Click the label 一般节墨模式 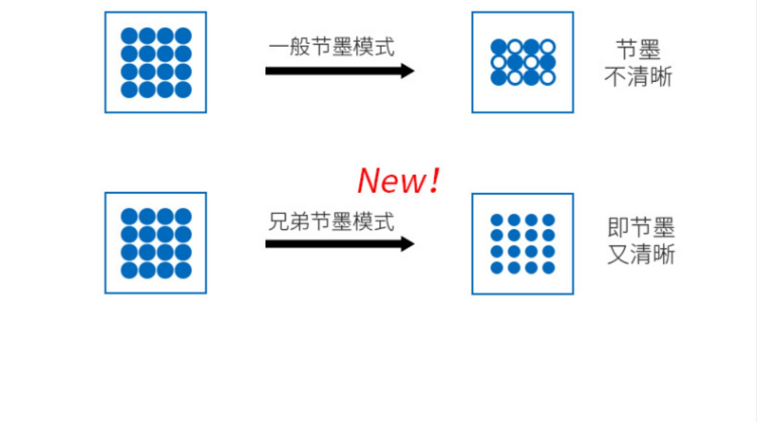pyautogui.click(x=331, y=47)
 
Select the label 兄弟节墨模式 pyautogui.click(x=331, y=222)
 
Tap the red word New pyautogui.click(x=391, y=180)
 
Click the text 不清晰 pyautogui.click(x=638, y=77)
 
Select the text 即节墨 pyautogui.click(x=641, y=227)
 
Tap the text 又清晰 pyautogui.click(x=641, y=254)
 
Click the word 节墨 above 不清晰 pyautogui.click(x=638, y=50)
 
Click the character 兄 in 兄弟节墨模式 pyautogui.click(x=278, y=222)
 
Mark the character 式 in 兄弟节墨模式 pyautogui.click(x=385, y=222)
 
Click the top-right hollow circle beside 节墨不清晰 pyautogui.click(x=548, y=47)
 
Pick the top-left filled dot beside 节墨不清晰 pyautogui.click(x=498, y=47)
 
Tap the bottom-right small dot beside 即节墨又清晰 pyautogui.click(x=549, y=268)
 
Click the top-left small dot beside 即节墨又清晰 pyautogui.click(x=497, y=220)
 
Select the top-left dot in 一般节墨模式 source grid pyautogui.click(x=129, y=36)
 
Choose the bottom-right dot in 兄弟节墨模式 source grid pyautogui.click(x=183, y=270)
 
